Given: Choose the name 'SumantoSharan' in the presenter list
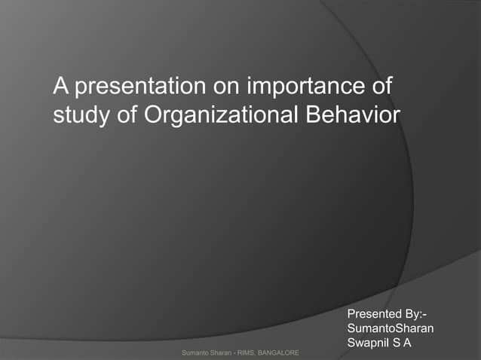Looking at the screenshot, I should coord(390,328).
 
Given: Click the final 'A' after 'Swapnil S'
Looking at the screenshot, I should coord(408,343).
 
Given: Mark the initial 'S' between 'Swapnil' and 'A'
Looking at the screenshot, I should coord(397,343).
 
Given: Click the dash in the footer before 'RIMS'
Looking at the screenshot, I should coord(228,352).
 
